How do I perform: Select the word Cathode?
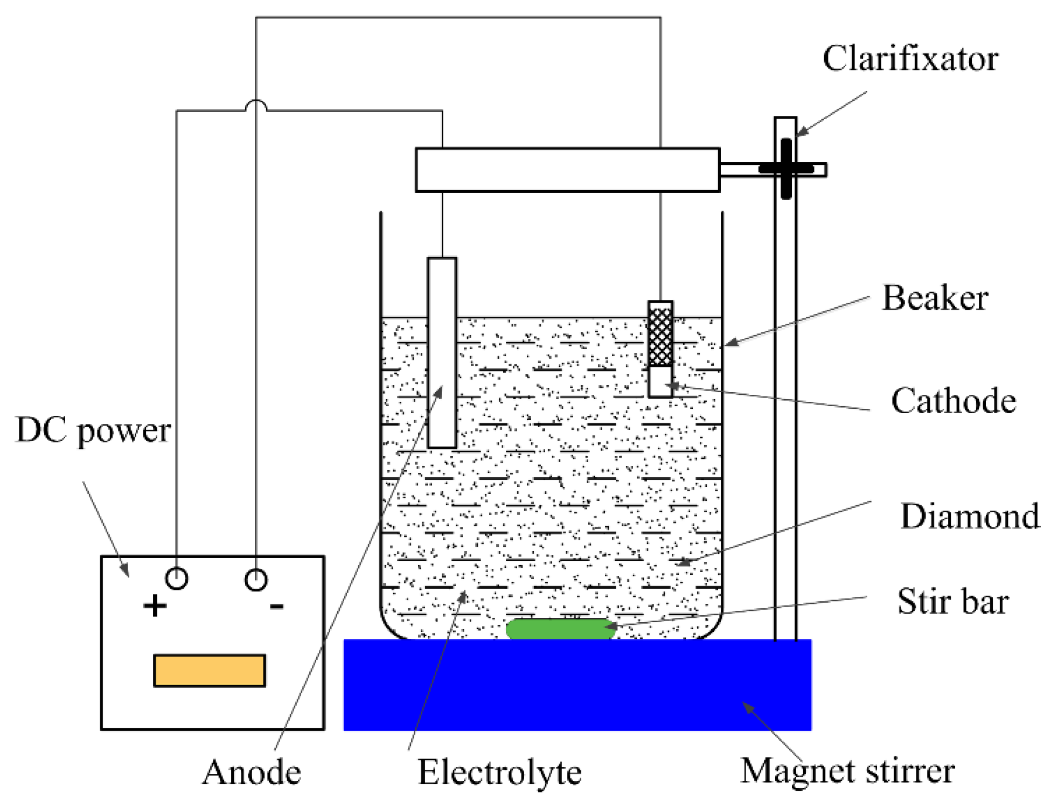coord(953,401)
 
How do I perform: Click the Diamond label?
coord(970,517)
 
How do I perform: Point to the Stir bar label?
coord(952,602)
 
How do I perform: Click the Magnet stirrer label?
coord(847,771)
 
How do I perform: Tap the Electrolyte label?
coord(499,773)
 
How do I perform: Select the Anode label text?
coord(251,773)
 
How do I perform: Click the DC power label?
coord(93,431)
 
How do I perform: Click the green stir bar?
coord(560,629)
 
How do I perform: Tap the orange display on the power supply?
coord(210,671)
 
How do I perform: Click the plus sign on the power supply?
coord(155,605)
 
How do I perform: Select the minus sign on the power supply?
coord(276,607)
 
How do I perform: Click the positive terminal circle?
coord(176,579)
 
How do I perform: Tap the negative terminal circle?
coord(256,580)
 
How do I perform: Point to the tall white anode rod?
coord(442,353)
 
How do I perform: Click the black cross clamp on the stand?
coord(786,169)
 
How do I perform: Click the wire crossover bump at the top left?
coord(256,105)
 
